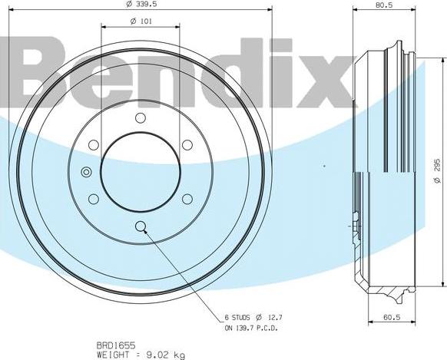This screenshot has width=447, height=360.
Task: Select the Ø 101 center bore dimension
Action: [140, 21]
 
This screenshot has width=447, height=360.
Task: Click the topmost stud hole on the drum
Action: [140, 117]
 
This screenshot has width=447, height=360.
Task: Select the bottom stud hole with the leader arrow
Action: [140, 226]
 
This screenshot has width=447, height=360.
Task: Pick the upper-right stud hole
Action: [187, 144]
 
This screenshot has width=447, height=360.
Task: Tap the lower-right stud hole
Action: [187, 199]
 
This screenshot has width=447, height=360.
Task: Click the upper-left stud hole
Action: [93, 144]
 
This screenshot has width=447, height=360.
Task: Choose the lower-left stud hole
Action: [93, 199]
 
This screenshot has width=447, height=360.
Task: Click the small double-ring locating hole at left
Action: [85, 172]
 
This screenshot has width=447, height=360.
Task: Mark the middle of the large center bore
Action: [140, 171]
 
